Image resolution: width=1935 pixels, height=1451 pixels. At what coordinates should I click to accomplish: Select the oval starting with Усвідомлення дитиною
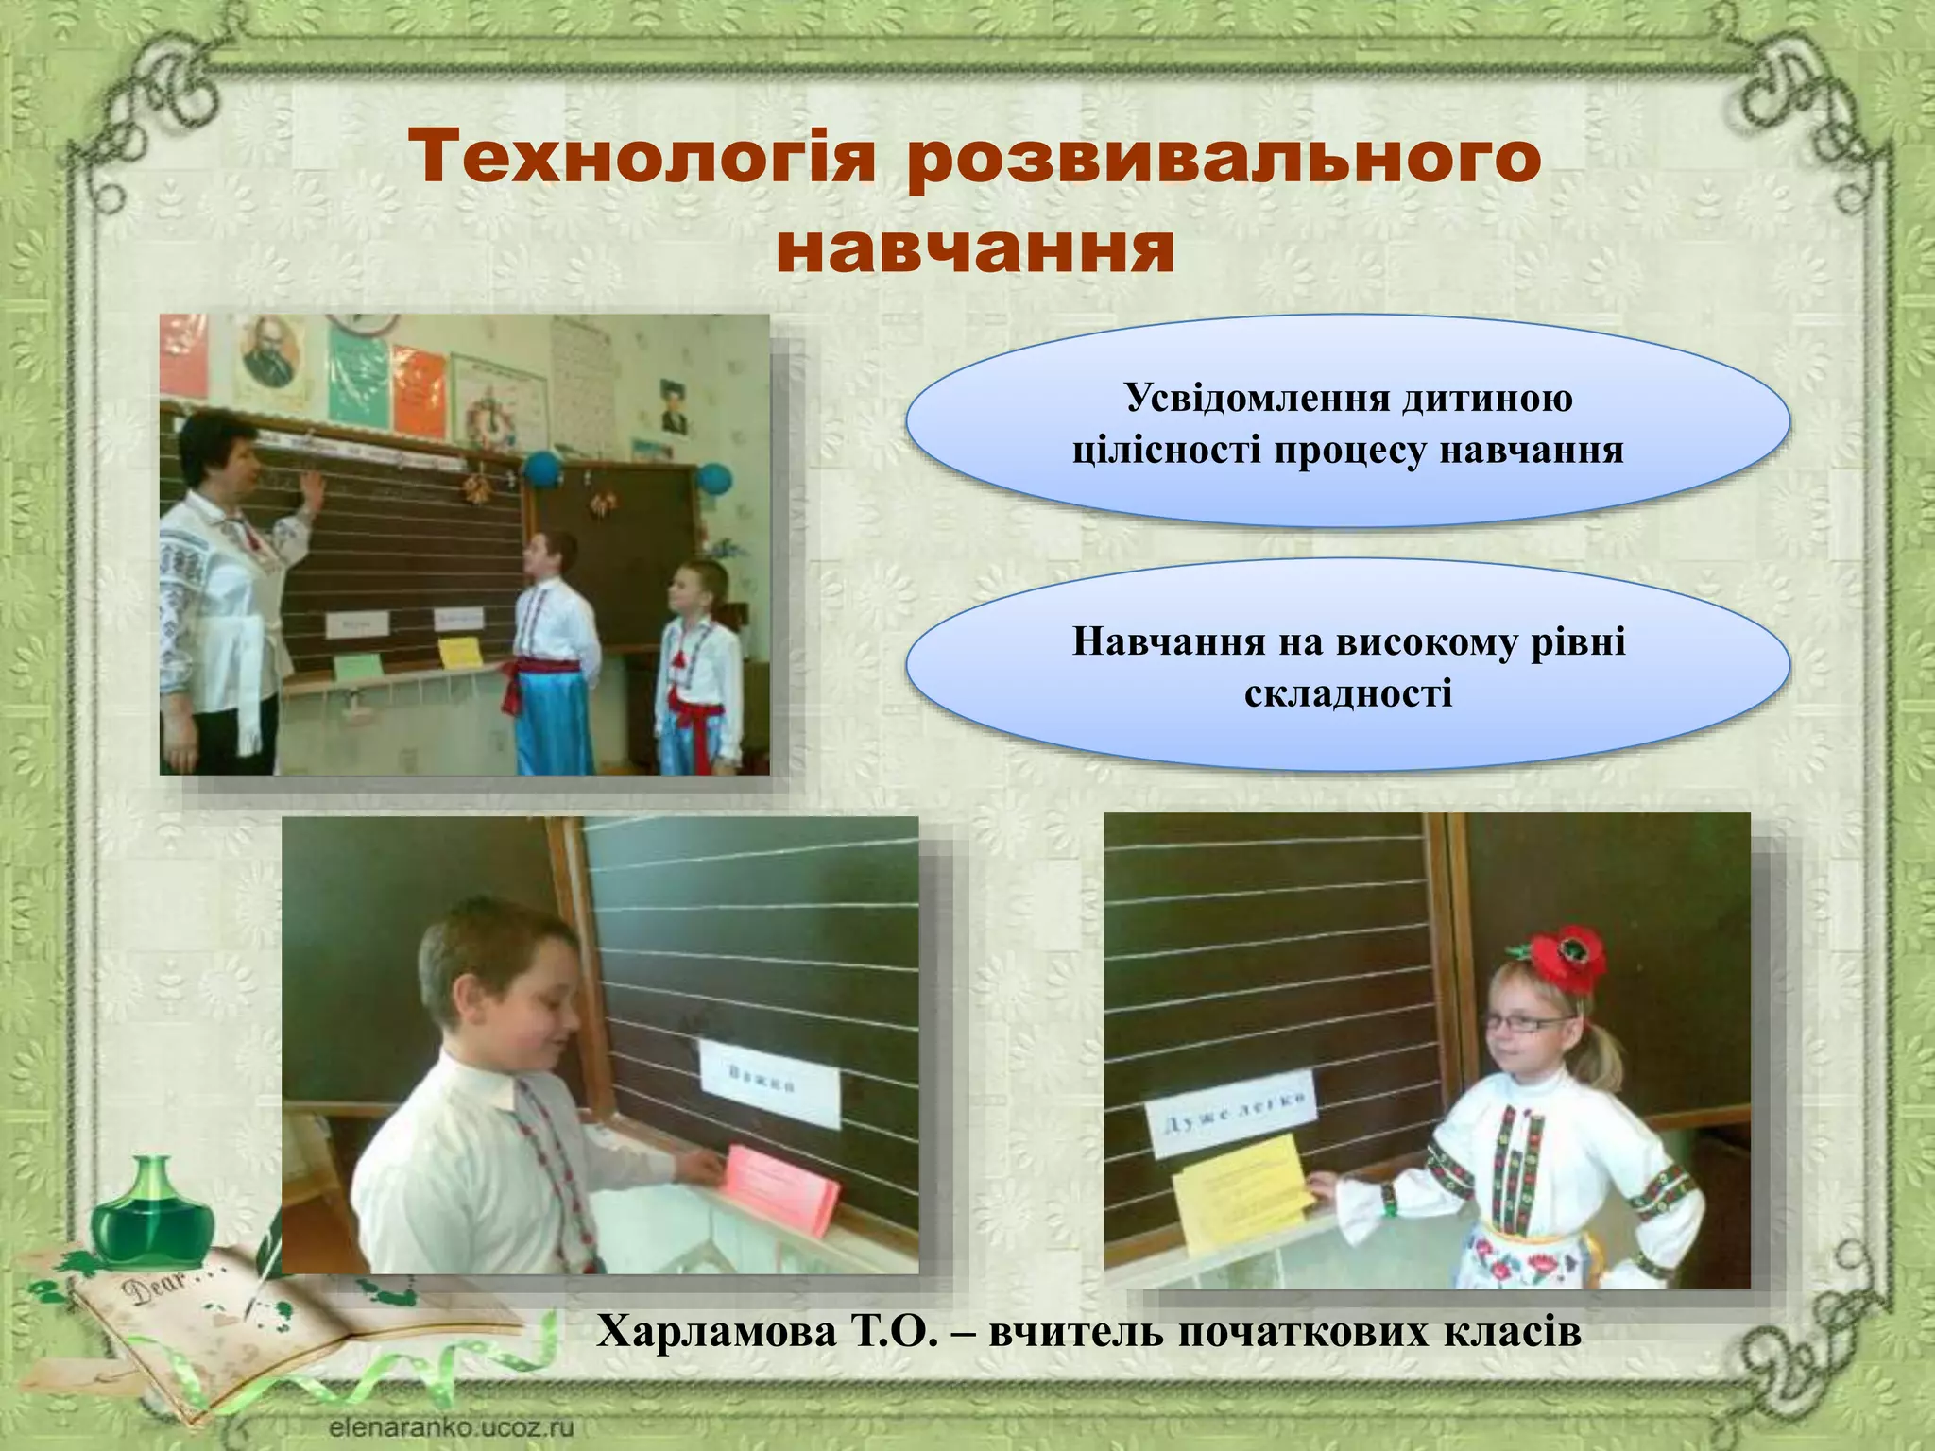[x=1347, y=421]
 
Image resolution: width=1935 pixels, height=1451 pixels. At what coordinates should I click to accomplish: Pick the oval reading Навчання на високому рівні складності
[x=1347, y=666]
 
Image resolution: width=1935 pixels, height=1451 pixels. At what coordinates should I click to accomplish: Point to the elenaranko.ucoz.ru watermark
[x=452, y=1426]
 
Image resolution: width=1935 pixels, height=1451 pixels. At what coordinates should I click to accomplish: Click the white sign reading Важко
[x=770, y=1082]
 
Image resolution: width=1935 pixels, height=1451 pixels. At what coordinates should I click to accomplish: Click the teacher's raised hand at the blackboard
[x=311, y=489]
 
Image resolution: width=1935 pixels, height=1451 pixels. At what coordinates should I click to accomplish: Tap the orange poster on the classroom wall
[x=420, y=392]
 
